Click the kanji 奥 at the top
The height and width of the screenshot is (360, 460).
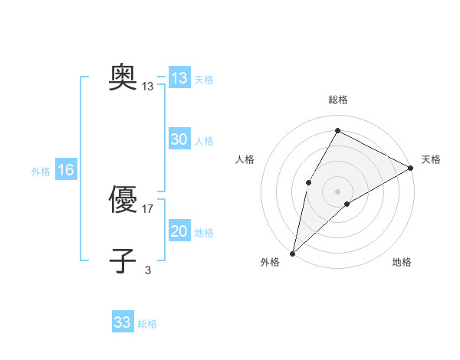coord(123,77)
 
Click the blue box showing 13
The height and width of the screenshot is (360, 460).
coord(179,78)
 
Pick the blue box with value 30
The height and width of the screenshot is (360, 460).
coord(179,139)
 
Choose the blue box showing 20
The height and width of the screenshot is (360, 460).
coord(179,231)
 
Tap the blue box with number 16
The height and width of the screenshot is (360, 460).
coord(66,170)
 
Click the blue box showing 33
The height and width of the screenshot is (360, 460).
coord(123,322)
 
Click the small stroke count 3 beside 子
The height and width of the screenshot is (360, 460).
coord(148,270)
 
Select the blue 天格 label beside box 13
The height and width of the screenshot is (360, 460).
coord(204,79)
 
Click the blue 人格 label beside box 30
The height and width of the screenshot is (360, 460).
coord(204,141)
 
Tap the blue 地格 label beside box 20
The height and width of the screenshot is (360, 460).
coord(204,233)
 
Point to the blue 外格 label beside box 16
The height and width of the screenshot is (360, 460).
coord(41,172)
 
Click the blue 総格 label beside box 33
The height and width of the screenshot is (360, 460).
coord(147,324)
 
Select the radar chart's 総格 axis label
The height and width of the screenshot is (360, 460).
coord(337,100)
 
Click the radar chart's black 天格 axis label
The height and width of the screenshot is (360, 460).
coord(432,159)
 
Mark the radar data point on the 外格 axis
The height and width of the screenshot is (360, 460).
coord(292,253)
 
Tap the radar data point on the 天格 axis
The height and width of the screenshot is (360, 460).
coord(411,168)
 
